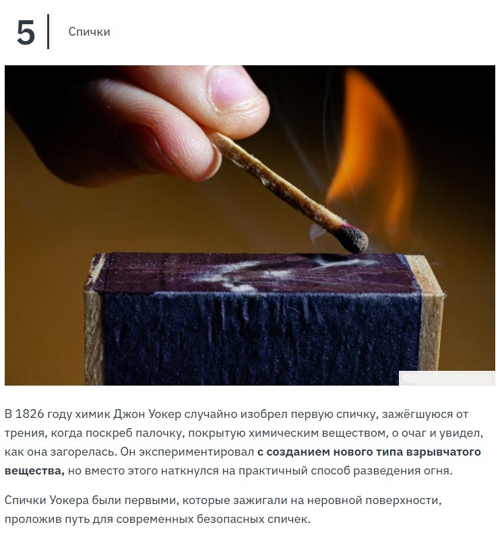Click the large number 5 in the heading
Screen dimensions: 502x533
[x=26, y=32]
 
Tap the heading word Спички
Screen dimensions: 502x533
[x=89, y=32]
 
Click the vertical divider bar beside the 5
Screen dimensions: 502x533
[x=48, y=32]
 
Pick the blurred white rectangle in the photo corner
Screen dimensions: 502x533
[x=447, y=378]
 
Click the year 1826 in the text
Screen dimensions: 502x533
[x=30, y=414]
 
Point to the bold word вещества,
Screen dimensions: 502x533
[x=34, y=471]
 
